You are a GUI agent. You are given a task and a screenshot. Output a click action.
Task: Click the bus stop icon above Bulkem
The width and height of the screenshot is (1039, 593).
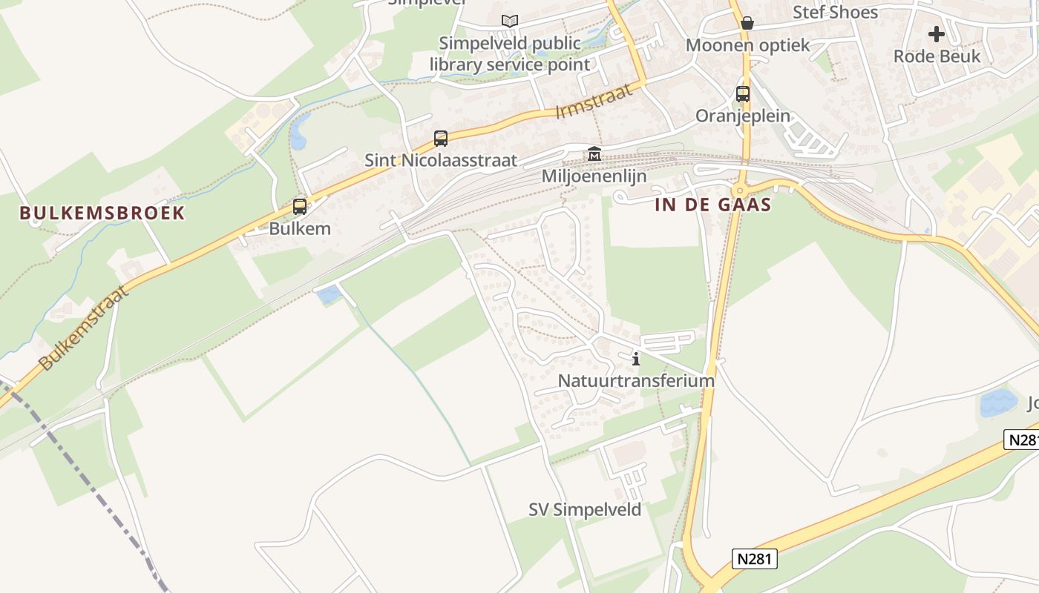click(300, 207)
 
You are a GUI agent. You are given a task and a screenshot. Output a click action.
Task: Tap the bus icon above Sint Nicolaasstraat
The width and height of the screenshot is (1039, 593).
click(441, 138)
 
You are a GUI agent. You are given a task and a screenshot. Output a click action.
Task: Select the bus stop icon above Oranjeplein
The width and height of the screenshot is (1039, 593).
click(743, 94)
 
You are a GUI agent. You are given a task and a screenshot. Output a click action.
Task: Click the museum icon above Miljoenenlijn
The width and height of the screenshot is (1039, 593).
click(594, 154)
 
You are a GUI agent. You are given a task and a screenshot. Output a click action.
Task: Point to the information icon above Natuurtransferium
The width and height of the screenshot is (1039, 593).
click(635, 360)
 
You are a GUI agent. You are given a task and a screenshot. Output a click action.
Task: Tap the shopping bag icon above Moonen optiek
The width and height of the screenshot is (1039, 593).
click(747, 23)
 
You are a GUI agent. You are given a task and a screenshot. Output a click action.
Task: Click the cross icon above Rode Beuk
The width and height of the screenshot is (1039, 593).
click(937, 33)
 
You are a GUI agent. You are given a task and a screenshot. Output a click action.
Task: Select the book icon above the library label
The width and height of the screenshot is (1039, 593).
click(509, 21)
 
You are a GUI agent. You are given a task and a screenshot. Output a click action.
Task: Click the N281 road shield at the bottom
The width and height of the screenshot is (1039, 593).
click(756, 559)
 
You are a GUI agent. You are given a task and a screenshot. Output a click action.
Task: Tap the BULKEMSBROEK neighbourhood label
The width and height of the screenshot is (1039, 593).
click(102, 213)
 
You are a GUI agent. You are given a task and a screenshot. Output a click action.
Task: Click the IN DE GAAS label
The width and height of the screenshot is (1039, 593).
click(713, 205)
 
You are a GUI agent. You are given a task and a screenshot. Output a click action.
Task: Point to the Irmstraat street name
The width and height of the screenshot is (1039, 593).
click(594, 102)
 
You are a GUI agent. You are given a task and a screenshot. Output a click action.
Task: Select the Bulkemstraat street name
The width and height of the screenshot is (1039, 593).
click(84, 327)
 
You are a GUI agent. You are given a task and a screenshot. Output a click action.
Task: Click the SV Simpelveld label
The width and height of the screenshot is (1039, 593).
click(585, 510)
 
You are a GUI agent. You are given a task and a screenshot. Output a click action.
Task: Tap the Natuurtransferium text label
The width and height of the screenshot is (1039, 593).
click(636, 381)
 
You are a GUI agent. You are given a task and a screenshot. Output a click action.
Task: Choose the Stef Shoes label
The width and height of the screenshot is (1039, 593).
click(835, 13)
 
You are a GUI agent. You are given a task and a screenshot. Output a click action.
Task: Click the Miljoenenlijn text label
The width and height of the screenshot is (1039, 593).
click(594, 176)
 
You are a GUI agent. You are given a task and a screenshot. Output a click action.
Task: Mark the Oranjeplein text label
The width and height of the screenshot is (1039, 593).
click(743, 116)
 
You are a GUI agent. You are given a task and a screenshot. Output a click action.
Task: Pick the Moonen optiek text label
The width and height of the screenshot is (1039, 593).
click(747, 45)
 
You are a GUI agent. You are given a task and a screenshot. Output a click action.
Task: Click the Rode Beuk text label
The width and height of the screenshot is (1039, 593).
click(937, 56)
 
